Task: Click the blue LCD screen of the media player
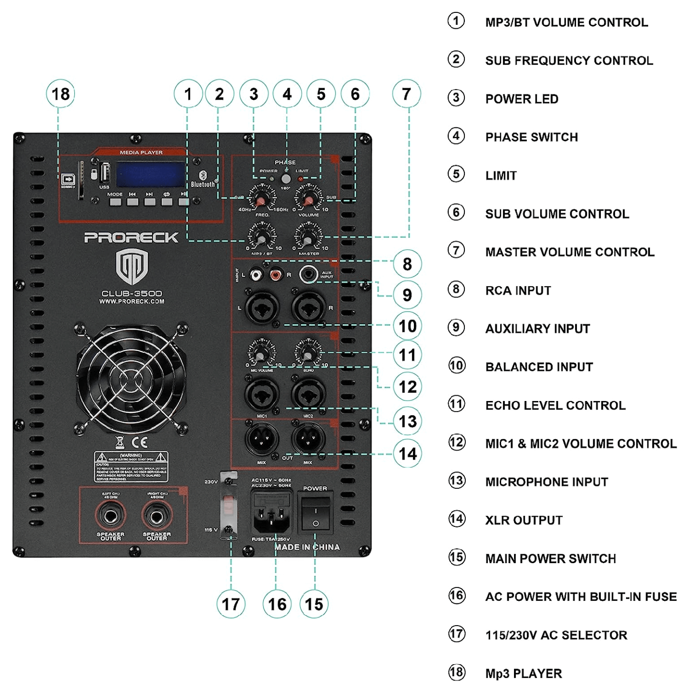click(x=150, y=174)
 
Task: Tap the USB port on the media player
click(x=104, y=173)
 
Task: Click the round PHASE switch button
click(x=286, y=179)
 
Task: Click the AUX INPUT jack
click(x=309, y=275)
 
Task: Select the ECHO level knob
click(x=308, y=354)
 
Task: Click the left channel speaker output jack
click(x=111, y=516)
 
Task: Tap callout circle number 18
click(x=61, y=94)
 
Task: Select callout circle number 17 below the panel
click(x=231, y=604)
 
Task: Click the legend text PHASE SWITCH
click(x=531, y=137)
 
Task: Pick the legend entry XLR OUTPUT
click(x=524, y=520)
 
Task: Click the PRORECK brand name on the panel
click(x=131, y=237)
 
